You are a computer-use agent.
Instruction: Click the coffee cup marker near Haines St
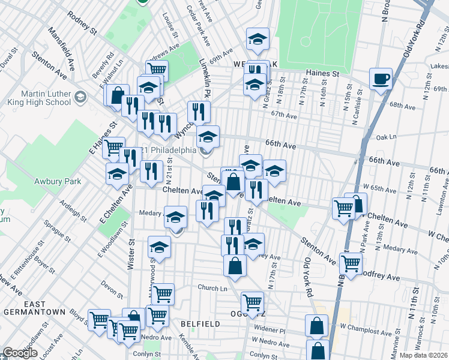(x=381, y=79)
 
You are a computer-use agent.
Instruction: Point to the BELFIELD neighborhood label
(x=200, y=323)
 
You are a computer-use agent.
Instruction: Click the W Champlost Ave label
(x=363, y=328)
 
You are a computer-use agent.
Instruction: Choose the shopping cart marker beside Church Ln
(x=163, y=294)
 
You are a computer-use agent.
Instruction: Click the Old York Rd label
(x=414, y=40)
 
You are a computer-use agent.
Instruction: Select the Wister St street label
(x=131, y=254)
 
